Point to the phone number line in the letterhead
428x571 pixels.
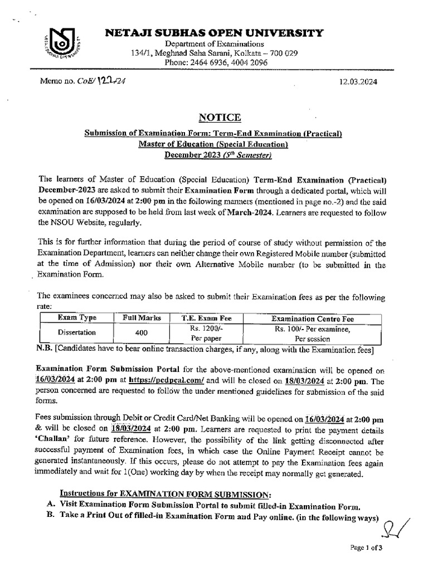click(x=216, y=63)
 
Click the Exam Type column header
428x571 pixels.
click(x=77, y=318)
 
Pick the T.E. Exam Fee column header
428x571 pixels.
click(x=207, y=318)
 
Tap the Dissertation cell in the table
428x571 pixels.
click(x=77, y=332)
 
